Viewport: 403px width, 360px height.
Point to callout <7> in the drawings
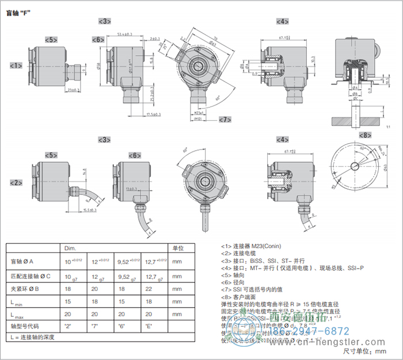coord(225,119)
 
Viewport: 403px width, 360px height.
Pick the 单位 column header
coord(178,248)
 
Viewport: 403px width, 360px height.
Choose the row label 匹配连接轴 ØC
coord(31,276)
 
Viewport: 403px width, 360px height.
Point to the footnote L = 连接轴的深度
coord(33,337)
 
